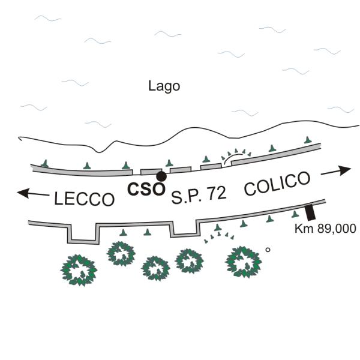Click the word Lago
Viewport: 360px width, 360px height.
[164, 86]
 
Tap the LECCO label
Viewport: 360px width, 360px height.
[84, 199]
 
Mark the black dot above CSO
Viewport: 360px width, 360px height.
[161, 176]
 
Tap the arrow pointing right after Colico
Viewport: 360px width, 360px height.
[335, 171]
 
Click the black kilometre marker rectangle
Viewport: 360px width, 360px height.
[310, 212]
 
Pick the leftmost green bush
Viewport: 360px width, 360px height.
[79, 269]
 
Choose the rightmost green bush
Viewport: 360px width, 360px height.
[244, 262]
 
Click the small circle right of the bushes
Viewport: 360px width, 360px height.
[268, 250]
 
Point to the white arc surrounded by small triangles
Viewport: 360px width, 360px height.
[235, 157]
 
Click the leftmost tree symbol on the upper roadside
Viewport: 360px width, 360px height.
[44, 163]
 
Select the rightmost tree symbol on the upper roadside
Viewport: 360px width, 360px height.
[308, 140]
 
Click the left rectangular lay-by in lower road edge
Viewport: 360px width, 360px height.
[82, 233]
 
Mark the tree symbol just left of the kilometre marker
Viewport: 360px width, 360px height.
[295, 214]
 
